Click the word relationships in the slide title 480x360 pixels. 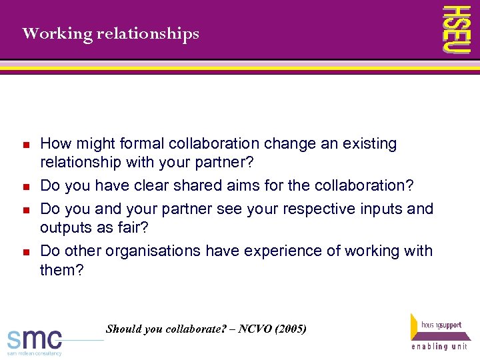(147, 33)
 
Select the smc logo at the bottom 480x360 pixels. (35, 341)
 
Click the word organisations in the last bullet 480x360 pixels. (157, 251)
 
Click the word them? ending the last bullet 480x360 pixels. (62, 270)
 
